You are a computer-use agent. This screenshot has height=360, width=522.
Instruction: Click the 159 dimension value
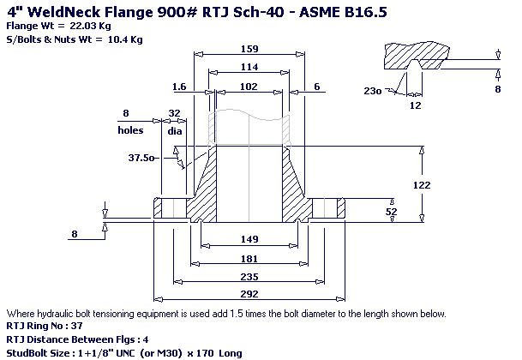[x=249, y=49]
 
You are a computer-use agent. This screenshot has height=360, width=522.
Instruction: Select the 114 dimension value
[x=249, y=67]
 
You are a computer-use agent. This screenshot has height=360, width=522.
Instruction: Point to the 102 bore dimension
[x=249, y=87]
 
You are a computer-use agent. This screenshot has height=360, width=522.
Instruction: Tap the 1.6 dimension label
[x=179, y=87]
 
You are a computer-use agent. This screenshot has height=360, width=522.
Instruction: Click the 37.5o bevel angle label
[x=141, y=157]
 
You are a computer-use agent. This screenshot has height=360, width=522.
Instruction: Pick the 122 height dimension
[x=422, y=185]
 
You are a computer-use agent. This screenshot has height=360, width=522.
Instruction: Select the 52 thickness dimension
[x=392, y=212]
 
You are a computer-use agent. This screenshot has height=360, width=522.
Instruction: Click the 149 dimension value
[x=249, y=239]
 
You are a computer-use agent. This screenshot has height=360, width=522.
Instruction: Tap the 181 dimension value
[x=249, y=259]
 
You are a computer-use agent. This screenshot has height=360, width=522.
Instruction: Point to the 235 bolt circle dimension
[x=249, y=277]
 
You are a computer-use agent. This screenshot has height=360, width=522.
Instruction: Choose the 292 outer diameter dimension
[x=249, y=294]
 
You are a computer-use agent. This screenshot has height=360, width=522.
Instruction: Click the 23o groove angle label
[x=373, y=91]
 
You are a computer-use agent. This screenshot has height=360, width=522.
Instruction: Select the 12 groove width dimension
[x=415, y=105]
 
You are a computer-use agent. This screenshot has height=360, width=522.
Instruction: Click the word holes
[x=130, y=130]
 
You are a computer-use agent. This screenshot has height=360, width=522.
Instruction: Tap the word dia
[x=175, y=131]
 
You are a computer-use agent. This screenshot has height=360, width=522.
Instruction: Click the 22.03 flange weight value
[x=82, y=26]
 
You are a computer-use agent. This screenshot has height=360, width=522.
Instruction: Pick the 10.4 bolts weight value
[x=117, y=39]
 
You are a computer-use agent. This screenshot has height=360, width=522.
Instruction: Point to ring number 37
[x=76, y=326]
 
